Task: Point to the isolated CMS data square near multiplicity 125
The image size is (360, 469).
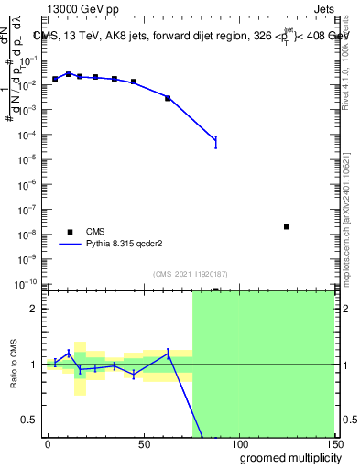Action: [287, 226]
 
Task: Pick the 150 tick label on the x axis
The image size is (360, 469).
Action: [333, 443]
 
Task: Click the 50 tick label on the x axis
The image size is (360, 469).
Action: [143, 443]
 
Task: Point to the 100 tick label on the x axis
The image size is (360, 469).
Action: [238, 443]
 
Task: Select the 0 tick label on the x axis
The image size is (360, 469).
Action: [48, 443]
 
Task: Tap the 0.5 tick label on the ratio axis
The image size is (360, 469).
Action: [29, 420]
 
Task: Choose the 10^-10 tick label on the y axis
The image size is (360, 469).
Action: [27, 283]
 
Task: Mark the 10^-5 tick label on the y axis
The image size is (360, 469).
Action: [28, 159]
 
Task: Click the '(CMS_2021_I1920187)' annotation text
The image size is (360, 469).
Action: [190, 273]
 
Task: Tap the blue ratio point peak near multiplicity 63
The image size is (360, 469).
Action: [168, 354]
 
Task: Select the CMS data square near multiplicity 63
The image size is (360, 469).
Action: [168, 98]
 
